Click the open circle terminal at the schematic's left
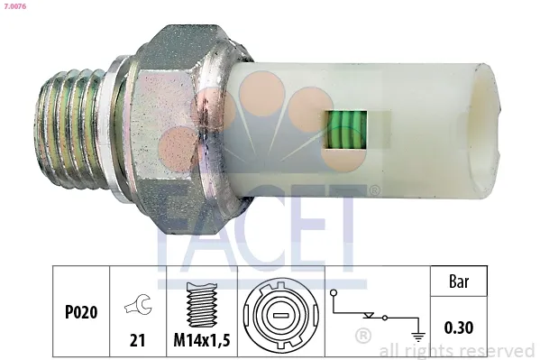click(334, 295)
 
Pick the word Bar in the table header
click(462, 281)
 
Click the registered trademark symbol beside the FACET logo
click(372, 191)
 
